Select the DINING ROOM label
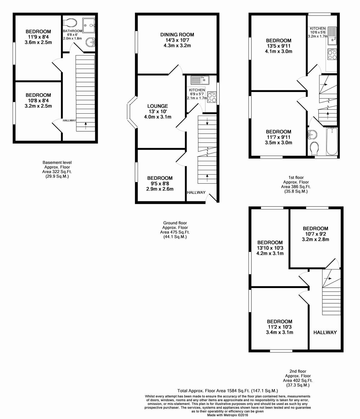click(177, 35)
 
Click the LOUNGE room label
click(157, 106)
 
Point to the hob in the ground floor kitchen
click(211, 96)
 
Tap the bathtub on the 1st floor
click(331, 141)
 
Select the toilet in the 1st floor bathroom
click(314, 148)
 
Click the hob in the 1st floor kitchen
click(332, 55)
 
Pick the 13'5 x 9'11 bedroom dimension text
click(278, 46)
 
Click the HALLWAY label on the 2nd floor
click(325, 332)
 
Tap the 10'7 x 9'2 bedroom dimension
click(315, 234)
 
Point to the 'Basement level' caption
click(57, 162)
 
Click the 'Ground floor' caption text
click(175, 223)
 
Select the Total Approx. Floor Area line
click(227, 391)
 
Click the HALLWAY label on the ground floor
click(196, 192)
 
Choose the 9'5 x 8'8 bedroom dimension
click(160, 183)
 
